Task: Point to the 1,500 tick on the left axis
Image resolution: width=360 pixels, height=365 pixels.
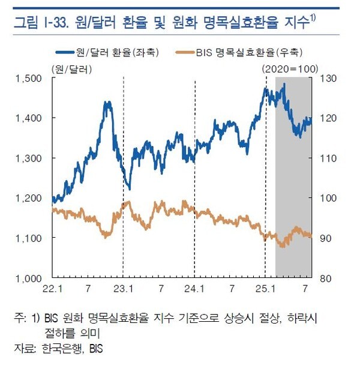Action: (28, 77)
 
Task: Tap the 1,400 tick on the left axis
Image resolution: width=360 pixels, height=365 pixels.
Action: (28, 118)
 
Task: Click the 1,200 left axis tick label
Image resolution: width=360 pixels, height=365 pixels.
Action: (28, 198)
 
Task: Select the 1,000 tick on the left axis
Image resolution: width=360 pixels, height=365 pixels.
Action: (28, 279)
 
